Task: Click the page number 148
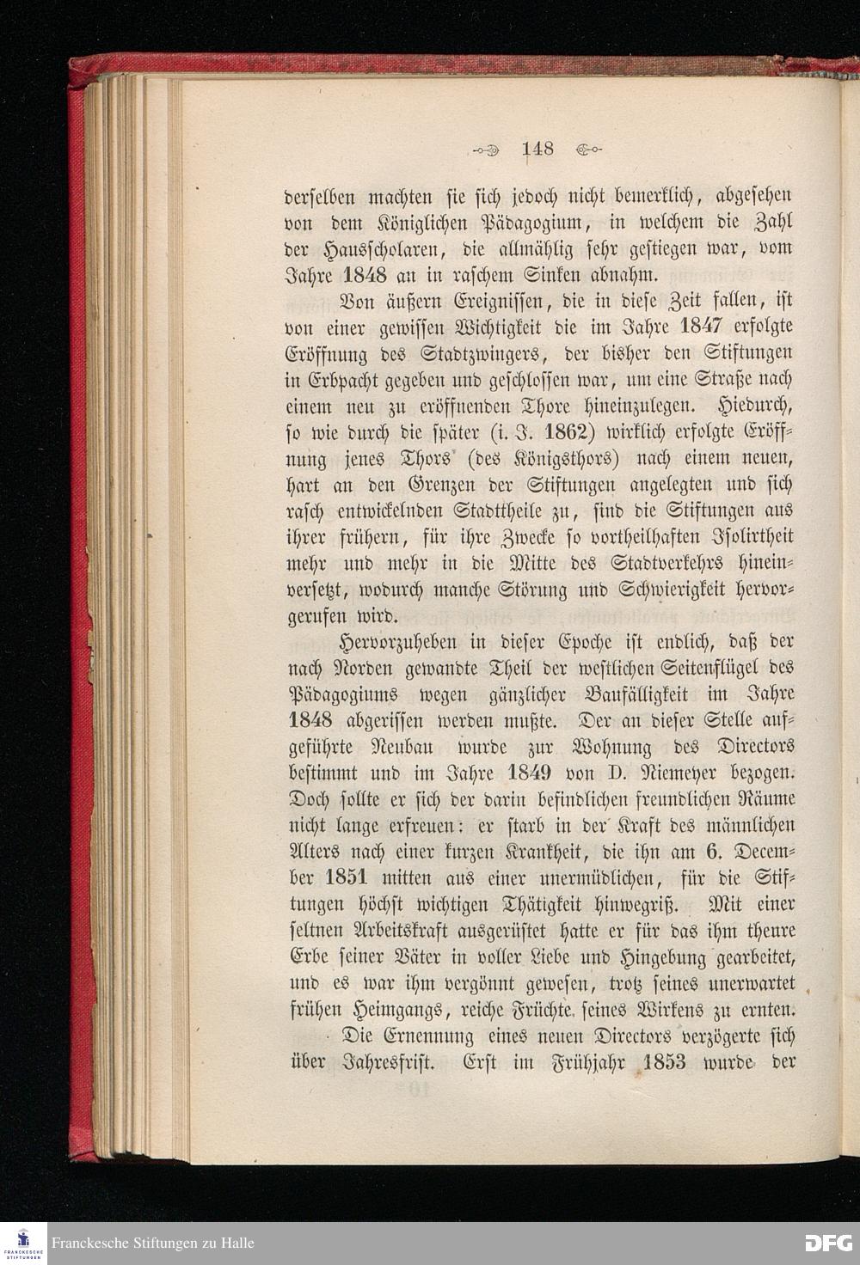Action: [538, 149]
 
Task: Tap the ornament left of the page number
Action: [488, 150]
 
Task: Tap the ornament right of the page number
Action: [588, 150]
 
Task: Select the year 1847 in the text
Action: [705, 327]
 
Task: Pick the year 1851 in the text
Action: [347, 877]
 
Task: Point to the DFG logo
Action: [828, 1243]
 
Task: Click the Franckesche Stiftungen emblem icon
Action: [23, 1243]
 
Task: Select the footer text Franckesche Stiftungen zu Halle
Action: [153, 1244]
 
